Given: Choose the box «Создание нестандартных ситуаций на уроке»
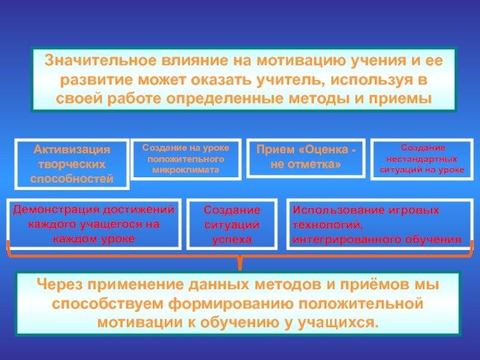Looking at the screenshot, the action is (422, 158).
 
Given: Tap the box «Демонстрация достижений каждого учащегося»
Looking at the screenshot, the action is (94, 224).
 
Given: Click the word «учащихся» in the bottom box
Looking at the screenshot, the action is (343, 322).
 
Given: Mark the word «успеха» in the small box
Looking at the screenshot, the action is (232, 239).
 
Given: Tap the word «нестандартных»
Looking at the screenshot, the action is (422, 160).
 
